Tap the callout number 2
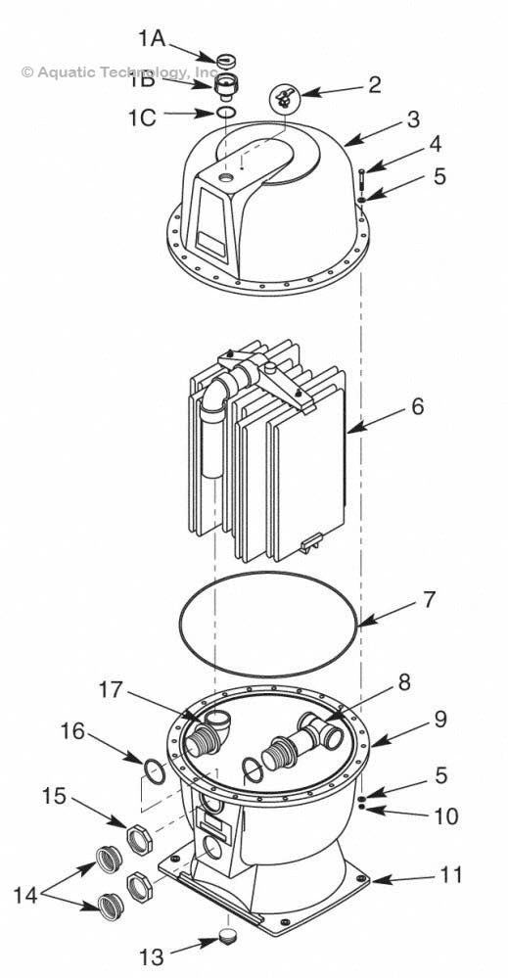(374, 84)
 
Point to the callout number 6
(418, 405)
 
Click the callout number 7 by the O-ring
(429, 599)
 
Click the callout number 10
(445, 815)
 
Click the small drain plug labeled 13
(232, 936)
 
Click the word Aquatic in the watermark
(67, 71)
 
